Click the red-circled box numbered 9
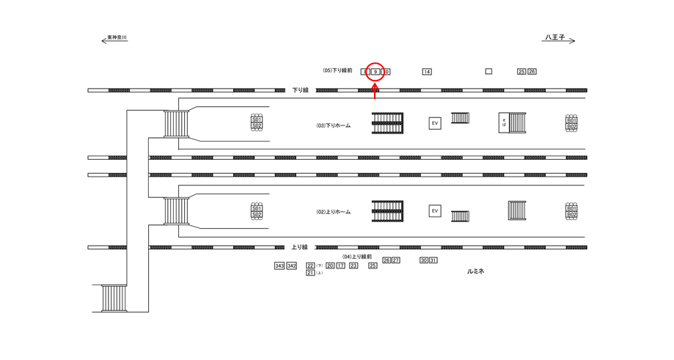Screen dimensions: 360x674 [x=375, y=72]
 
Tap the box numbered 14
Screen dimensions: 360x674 [x=427, y=72]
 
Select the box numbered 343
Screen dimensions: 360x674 [x=279, y=265]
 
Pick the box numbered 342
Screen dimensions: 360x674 [x=291, y=265]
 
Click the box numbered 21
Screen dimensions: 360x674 [x=310, y=273]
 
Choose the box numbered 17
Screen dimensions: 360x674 [x=340, y=265]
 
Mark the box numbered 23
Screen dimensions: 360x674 [x=354, y=265]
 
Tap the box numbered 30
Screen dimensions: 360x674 [x=424, y=260]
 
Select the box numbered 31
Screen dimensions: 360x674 [x=433, y=260]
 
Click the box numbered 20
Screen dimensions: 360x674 [x=330, y=265]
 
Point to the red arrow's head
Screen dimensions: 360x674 [x=375, y=87]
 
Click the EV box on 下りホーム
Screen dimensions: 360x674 [x=435, y=123]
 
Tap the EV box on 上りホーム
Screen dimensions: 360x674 [x=435, y=211]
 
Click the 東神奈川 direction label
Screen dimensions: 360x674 [x=117, y=37]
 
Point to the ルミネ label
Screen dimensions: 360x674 [x=476, y=271]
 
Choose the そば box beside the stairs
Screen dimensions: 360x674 [x=504, y=122]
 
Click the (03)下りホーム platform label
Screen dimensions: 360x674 [x=334, y=125]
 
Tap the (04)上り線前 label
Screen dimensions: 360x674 [x=359, y=257]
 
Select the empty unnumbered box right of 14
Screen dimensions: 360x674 [x=488, y=71]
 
